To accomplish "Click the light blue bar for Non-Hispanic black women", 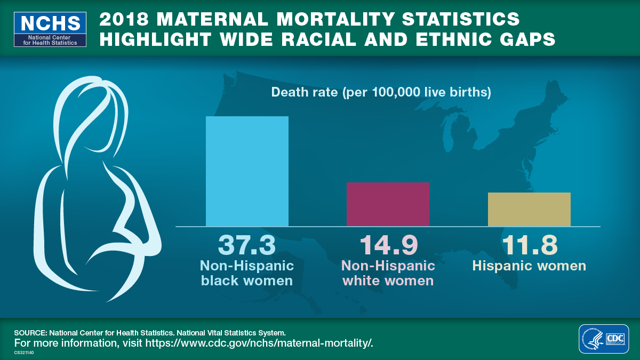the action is pos(247,171).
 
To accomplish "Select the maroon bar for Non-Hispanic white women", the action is pos(388,204).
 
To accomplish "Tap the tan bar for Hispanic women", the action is pos(529,210).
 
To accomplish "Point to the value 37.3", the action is pos(247,245).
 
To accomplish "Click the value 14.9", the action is pos(389,245).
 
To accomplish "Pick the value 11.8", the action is pos(530,245).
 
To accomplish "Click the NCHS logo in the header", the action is pos(50,29).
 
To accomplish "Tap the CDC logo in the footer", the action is pos(604,339).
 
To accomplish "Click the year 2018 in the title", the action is pos(124,19).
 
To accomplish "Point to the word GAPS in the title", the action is pos(527,39).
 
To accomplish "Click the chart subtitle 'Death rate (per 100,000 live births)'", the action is pos(381,92).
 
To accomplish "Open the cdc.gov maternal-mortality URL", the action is pos(259,343).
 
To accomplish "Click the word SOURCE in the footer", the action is pos(30,333).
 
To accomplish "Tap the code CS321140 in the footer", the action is pos(23,353).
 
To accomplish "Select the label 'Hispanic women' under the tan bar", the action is pos(529,266).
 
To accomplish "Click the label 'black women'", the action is pos(247,281).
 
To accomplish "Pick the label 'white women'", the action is pos(388,281).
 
